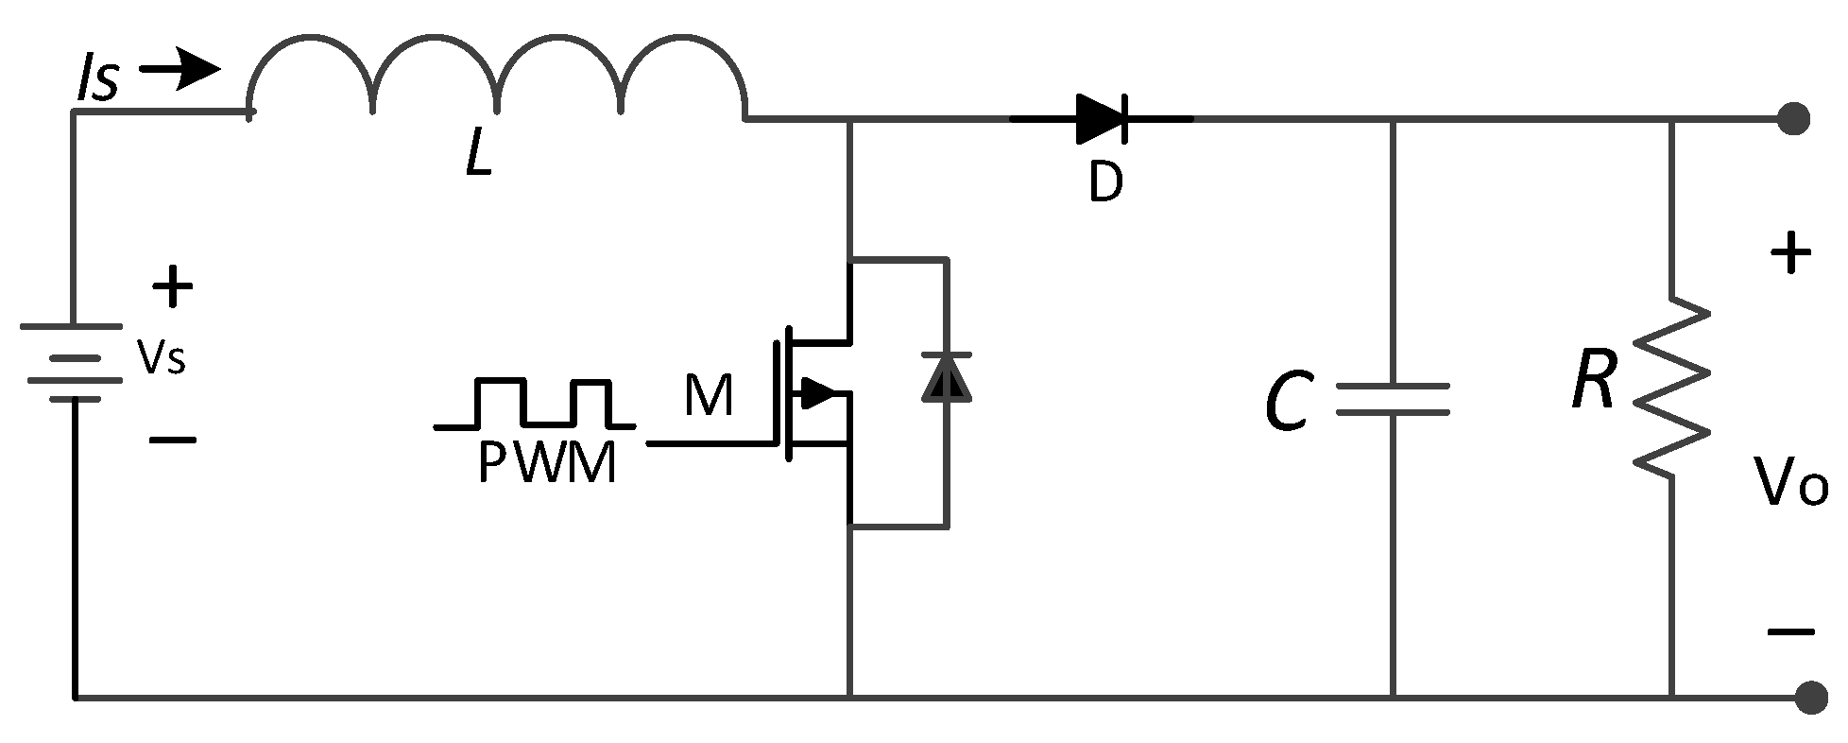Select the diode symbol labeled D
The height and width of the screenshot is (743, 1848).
(x=1102, y=119)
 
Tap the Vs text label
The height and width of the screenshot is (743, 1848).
(x=161, y=357)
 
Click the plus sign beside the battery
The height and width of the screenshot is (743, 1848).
(x=172, y=286)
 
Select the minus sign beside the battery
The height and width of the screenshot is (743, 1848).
(x=172, y=440)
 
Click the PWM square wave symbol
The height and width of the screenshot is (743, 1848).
(x=535, y=404)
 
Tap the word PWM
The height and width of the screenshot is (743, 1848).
(x=546, y=463)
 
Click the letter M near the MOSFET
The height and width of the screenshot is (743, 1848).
(x=708, y=396)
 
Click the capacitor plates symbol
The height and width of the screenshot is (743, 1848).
(x=1392, y=399)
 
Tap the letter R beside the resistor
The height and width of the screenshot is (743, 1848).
(x=1593, y=382)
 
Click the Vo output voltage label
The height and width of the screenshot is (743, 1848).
(x=1788, y=482)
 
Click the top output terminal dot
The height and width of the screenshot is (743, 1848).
(x=1793, y=119)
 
